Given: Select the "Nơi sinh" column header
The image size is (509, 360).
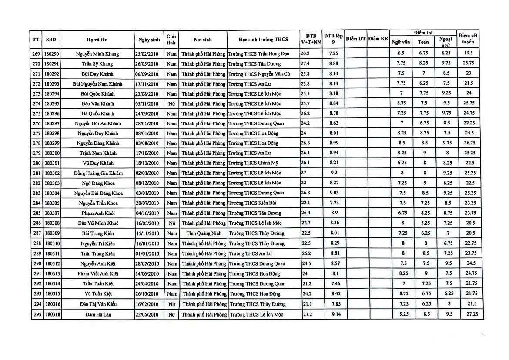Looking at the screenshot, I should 203,40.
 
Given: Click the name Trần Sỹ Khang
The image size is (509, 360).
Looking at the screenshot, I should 97,64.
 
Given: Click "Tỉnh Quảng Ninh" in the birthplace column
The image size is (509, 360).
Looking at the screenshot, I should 203,233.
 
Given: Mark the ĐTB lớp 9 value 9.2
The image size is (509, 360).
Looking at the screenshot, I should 334,173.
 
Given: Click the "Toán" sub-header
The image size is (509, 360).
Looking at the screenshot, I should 422,43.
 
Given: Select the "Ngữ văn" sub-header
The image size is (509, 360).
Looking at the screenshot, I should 401,43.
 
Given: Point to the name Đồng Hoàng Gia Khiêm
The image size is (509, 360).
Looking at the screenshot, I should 98,173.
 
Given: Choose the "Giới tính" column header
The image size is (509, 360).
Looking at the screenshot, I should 171,40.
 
